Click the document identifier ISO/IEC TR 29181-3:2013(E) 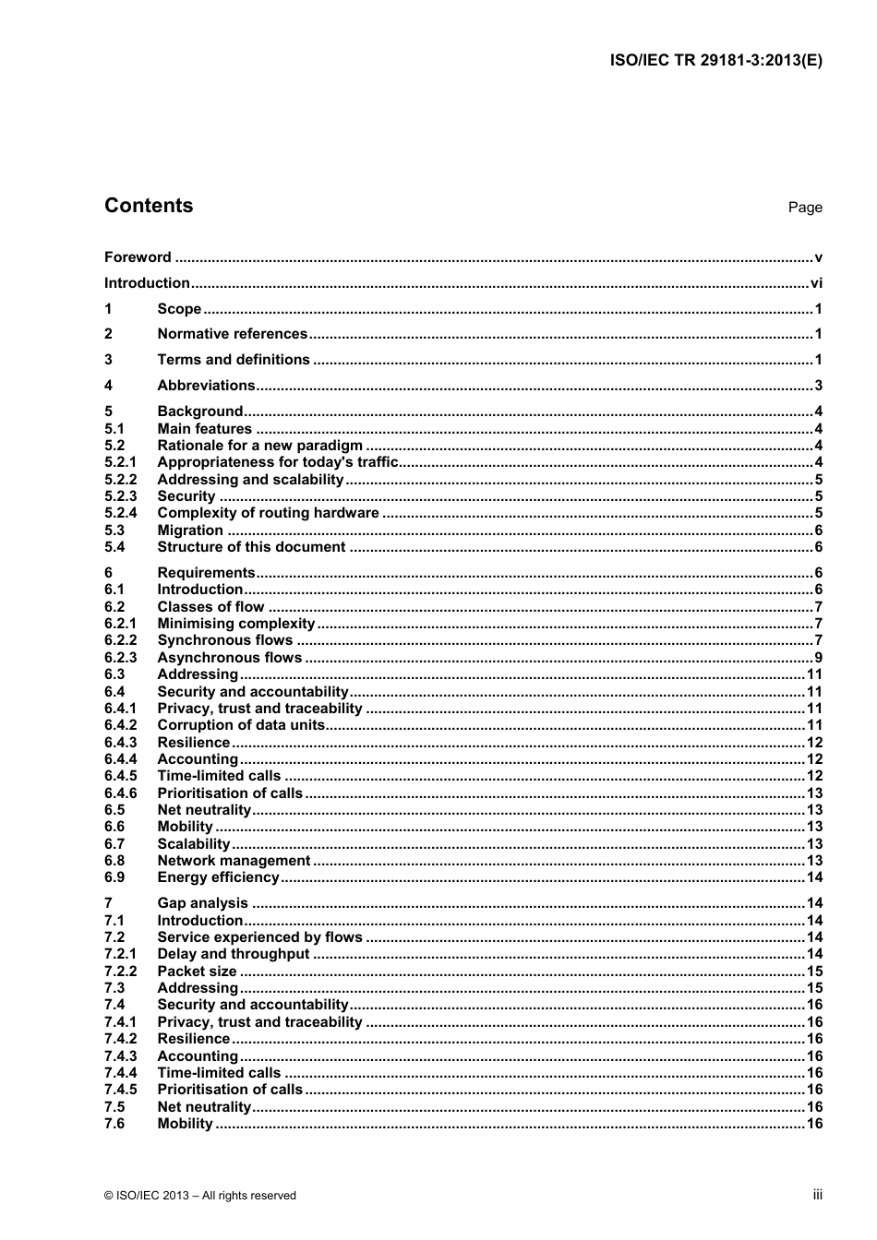(715, 61)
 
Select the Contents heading (149, 206)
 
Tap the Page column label (804, 208)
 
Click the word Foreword (138, 257)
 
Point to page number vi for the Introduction (815, 283)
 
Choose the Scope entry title (179, 309)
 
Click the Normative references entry (232, 334)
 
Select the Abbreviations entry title (206, 386)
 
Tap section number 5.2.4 (120, 513)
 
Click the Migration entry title (190, 531)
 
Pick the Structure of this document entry (251, 547)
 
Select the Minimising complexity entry (235, 624)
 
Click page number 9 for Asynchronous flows (817, 658)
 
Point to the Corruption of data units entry (241, 725)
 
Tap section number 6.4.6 (120, 793)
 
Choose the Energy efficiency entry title (218, 877)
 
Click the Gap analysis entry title (202, 903)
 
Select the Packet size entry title (197, 972)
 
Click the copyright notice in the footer (200, 1196)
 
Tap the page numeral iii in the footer (817, 1195)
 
